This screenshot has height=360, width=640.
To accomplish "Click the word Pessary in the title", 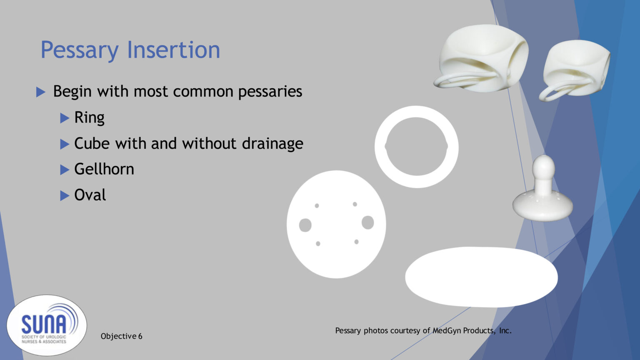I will [x=79, y=50].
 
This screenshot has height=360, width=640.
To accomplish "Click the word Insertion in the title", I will [x=173, y=50].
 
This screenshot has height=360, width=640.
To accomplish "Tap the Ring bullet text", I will [x=89, y=117].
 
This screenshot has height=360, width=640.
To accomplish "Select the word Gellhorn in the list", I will [x=104, y=169].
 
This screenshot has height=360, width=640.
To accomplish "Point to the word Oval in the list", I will [x=90, y=195].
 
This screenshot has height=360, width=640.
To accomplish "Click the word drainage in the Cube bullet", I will [x=272, y=143].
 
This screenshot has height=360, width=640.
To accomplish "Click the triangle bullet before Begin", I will [x=41, y=92].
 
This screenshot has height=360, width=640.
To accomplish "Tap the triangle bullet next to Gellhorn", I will [x=65, y=170].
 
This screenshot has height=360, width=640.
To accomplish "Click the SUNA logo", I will [x=47, y=325].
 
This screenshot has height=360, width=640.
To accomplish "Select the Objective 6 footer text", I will [x=121, y=336].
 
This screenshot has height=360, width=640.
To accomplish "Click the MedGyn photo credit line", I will [x=423, y=330].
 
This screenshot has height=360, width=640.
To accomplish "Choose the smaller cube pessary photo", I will [x=577, y=67].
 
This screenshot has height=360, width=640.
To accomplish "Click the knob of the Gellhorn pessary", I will [x=543, y=167].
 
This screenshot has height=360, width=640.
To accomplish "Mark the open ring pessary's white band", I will [x=417, y=112].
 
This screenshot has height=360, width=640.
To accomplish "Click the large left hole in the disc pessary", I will [x=305, y=225].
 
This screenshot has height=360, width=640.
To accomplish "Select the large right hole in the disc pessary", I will [x=367, y=222].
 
